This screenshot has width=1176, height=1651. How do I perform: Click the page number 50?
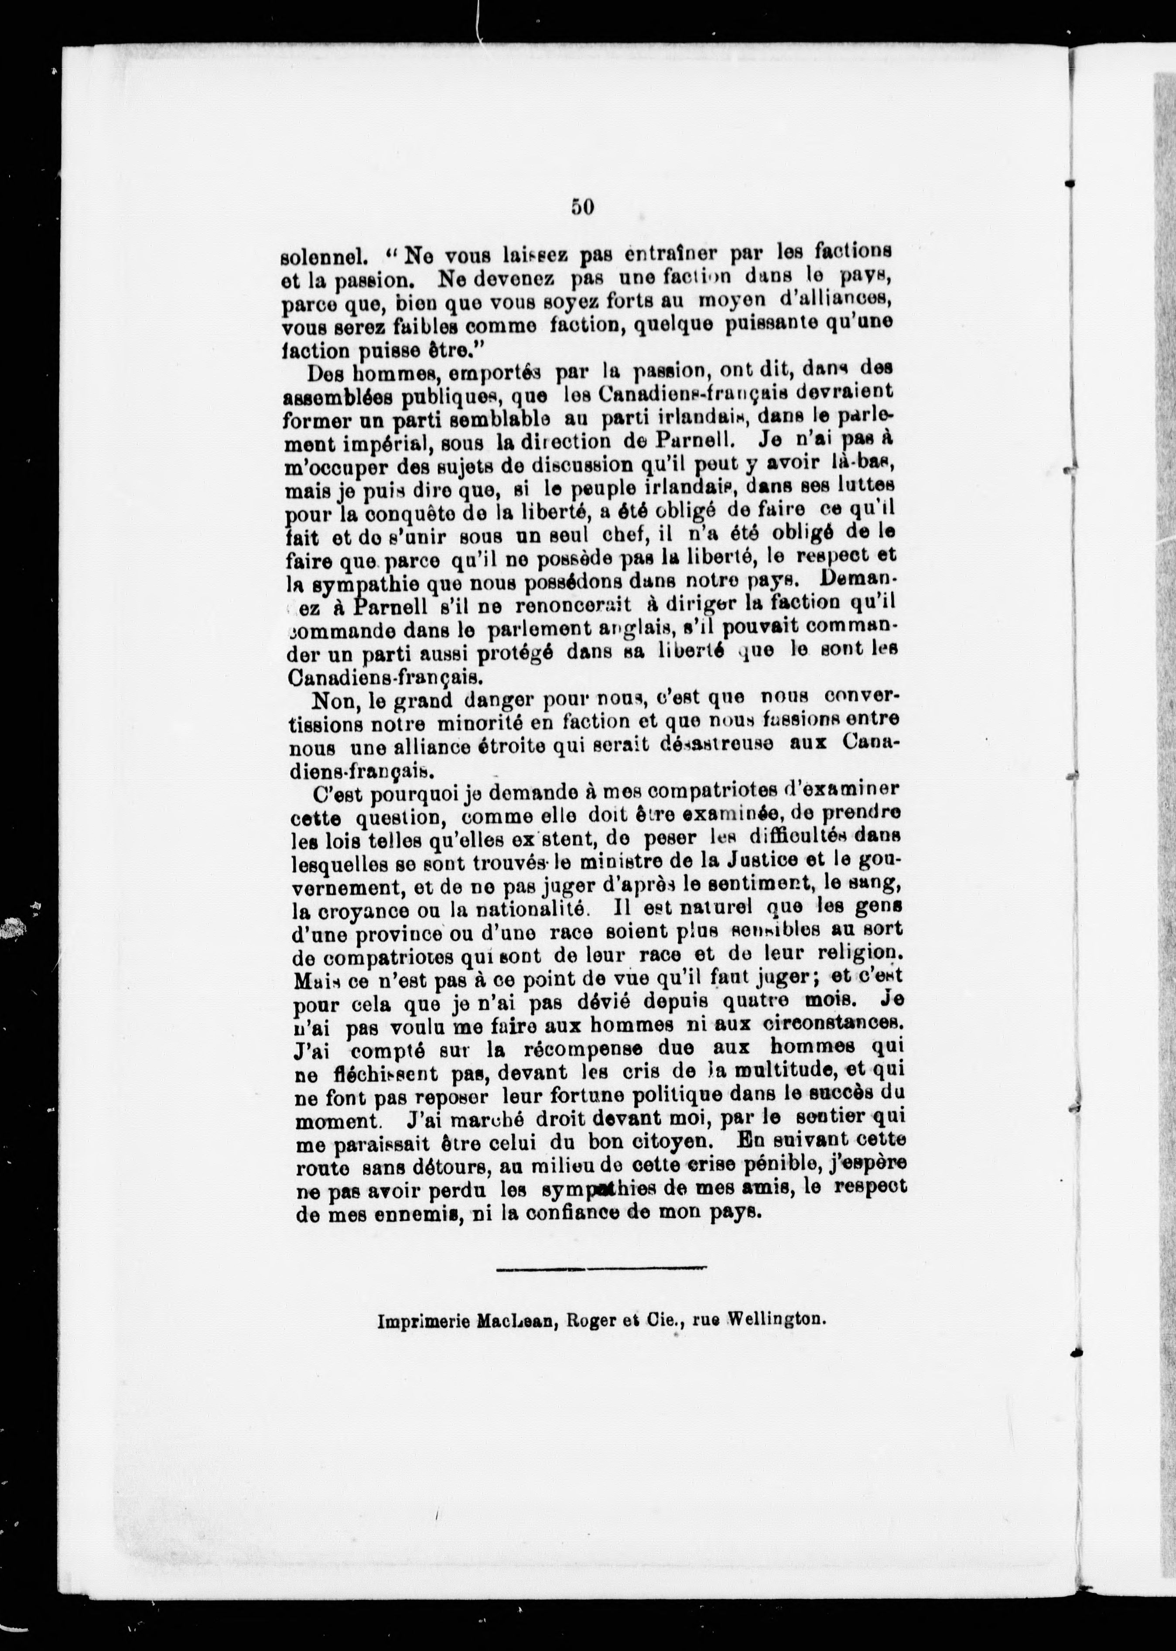click(582, 207)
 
